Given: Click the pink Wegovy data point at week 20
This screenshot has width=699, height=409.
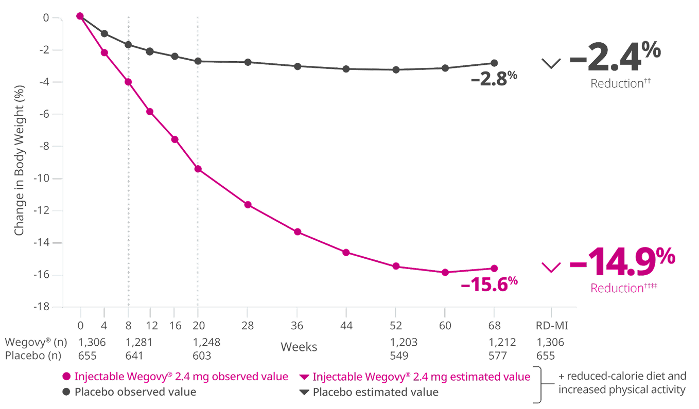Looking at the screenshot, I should [x=198, y=169].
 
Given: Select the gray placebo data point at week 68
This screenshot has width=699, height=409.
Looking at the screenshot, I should [x=494, y=63].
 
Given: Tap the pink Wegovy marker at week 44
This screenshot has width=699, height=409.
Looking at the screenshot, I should [x=346, y=252].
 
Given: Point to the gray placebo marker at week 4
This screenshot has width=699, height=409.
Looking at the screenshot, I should [x=104, y=33].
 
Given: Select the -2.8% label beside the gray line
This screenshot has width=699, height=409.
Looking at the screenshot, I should [x=494, y=79].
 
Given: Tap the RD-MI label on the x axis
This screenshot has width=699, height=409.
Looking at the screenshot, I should [x=551, y=325].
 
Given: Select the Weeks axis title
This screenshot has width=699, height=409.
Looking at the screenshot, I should [x=299, y=347].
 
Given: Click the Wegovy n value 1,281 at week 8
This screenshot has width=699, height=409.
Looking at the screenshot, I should [x=139, y=343].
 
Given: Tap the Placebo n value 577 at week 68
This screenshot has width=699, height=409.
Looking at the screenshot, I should [x=498, y=355].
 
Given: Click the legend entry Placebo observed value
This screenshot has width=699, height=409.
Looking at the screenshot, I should [x=135, y=392].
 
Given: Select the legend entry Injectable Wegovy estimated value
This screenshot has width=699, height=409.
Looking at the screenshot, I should [x=421, y=377].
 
